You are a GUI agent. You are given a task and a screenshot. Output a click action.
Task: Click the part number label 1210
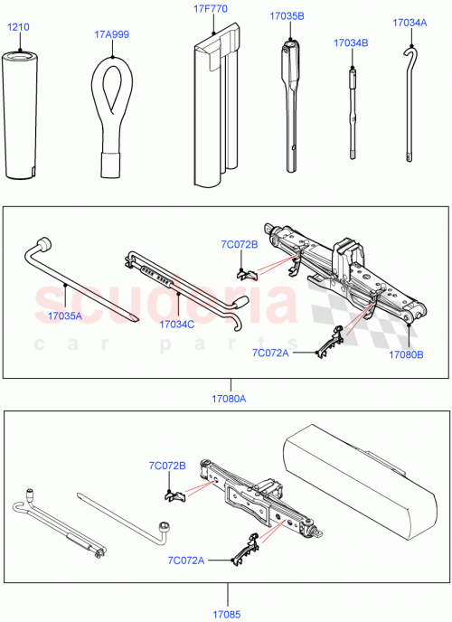point(19,27)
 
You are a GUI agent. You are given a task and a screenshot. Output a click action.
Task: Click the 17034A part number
point(410,23)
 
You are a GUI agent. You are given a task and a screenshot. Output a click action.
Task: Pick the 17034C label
point(178,323)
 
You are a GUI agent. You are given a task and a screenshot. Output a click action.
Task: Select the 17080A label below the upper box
point(228,396)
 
